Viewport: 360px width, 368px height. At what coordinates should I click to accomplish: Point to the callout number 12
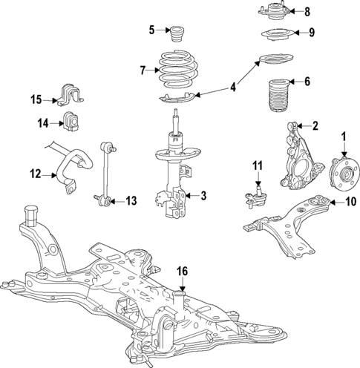tap(36, 175)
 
